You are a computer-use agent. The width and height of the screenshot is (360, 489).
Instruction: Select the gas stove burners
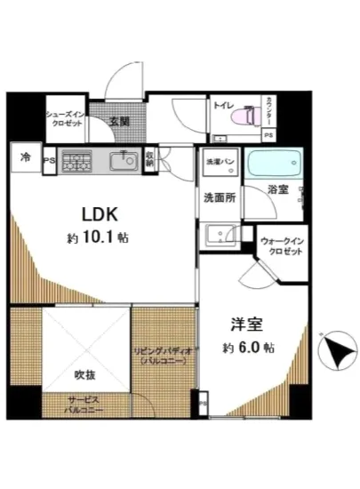(77, 161)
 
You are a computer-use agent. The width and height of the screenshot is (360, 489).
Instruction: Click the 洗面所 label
(220, 198)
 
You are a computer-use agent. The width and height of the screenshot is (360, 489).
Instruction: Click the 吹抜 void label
(74, 374)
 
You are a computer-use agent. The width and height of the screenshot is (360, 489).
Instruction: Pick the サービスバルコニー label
(85, 405)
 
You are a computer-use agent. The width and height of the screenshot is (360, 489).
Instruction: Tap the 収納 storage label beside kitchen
(150, 159)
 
